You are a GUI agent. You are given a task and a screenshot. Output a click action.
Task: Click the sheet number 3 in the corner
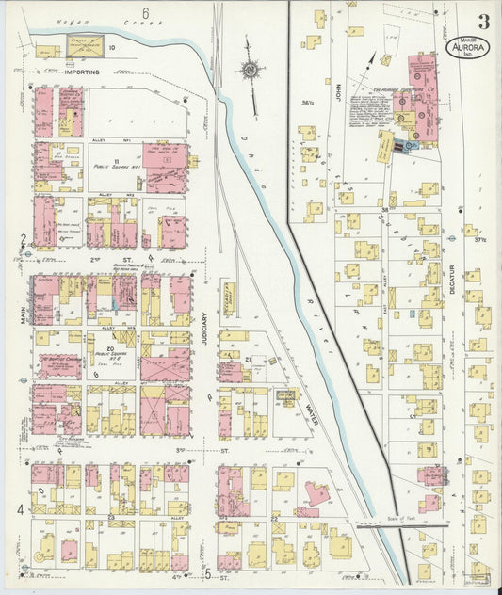click(482, 22)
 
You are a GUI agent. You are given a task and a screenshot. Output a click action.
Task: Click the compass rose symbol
click(249, 69)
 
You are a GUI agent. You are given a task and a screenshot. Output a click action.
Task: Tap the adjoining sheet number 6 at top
click(146, 12)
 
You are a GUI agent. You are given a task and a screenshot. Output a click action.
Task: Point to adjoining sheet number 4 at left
click(20, 509)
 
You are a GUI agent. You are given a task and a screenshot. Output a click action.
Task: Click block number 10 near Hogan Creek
click(111, 46)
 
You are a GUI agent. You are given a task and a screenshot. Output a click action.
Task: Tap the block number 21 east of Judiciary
click(248, 360)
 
